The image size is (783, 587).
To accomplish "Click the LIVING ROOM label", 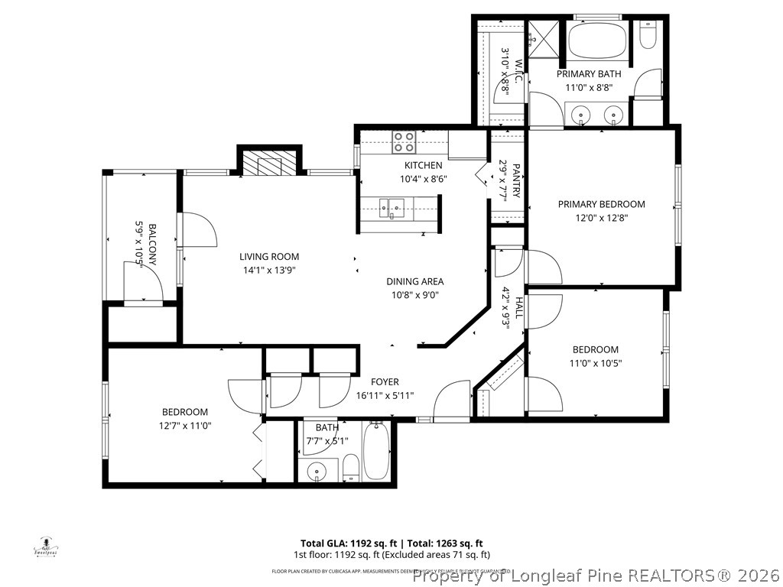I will pyautogui.click(x=268, y=257).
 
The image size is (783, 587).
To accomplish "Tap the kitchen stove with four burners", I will pyautogui.click(x=404, y=142).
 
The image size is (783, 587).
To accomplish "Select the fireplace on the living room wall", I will pyautogui.click(x=268, y=163).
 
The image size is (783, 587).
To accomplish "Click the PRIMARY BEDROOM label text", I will pyautogui.click(x=601, y=204).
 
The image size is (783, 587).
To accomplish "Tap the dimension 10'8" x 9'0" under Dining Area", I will pyautogui.click(x=414, y=295).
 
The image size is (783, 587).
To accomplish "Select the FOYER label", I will pyautogui.click(x=385, y=382).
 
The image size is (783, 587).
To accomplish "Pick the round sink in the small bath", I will pyautogui.click(x=317, y=472).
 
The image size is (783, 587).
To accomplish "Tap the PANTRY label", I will pyautogui.click(x=516, y=180).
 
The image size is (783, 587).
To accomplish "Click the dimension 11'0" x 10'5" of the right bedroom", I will pyautogui.click(x=595, y=363).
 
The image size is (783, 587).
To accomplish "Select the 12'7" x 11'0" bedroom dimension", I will pyautogui.click(x=184, y=426).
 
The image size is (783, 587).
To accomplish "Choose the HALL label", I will pyautogui.click(x=518, y=308).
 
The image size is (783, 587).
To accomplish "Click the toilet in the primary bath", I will pyautogui.click(x=648, y=35).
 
